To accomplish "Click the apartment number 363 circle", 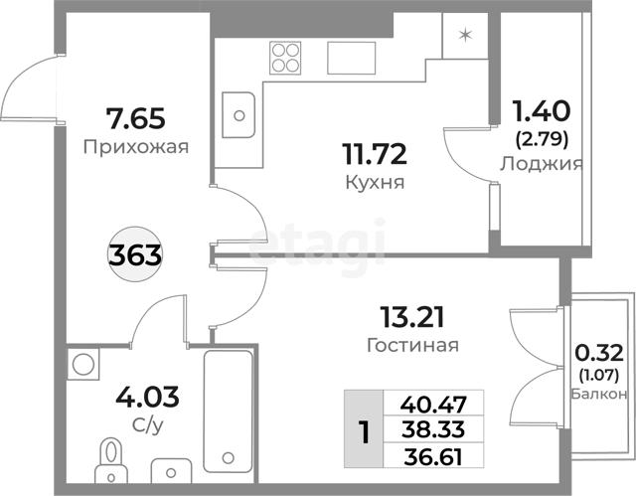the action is [135, 254].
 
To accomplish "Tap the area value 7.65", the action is [135, 118].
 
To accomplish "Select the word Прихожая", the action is [136, 147].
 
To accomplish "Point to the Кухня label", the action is [375, 182].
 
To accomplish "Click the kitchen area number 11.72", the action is [375, 154].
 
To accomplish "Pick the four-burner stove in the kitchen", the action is [285, 58].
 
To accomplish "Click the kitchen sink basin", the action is [238, 115].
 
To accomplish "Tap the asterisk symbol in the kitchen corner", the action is [465, 35].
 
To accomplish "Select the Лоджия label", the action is [541, 164].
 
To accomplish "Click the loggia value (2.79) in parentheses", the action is [542, 139].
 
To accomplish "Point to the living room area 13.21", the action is [412, 317].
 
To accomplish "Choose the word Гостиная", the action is [412, 346].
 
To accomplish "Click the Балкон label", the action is [599, 394].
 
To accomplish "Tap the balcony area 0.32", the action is [598, 353].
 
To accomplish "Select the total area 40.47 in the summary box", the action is [433, 404].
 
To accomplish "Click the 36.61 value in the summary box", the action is [433, 457].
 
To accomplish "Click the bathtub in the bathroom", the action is [228, 412].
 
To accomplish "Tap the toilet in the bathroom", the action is [110, 460].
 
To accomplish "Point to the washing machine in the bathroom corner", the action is [83, 364].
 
